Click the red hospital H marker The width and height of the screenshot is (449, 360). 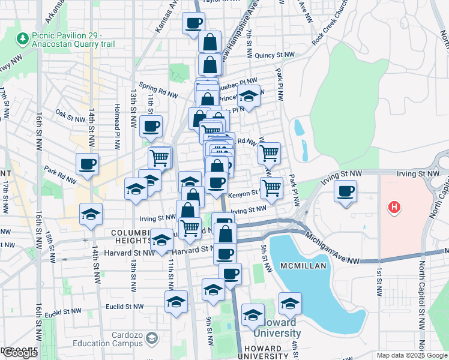click(x=394, y=208)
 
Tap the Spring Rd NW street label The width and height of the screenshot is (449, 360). click(x=158, y=91)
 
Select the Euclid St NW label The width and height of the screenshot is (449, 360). click(x=125, y=306)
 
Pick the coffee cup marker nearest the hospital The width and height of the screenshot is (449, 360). click(x=345, y=191)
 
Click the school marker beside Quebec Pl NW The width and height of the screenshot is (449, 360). click(x=248, y=95)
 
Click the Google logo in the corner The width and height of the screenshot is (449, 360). click(x=20, y=353)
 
